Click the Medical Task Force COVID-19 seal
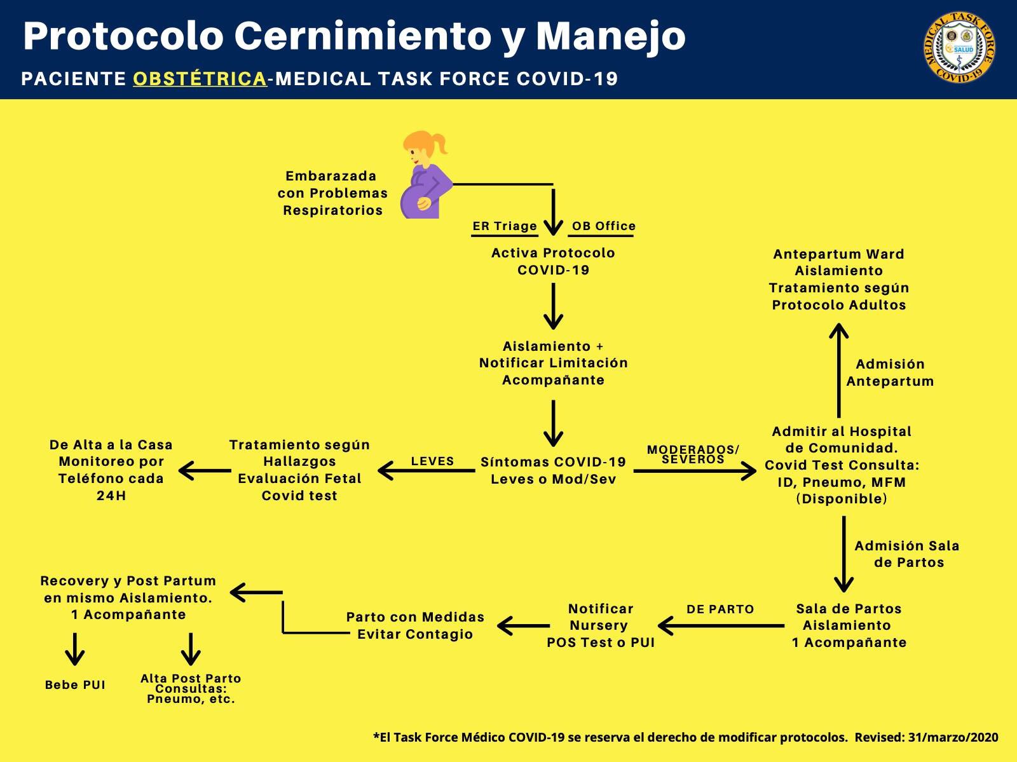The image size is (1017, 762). point(959,48)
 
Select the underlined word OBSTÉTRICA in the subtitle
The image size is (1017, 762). point(200,79)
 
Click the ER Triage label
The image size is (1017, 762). point(505,226)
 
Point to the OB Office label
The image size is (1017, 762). point(603,226)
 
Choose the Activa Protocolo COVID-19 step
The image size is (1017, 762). point(553,261)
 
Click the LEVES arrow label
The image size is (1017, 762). point(432,461)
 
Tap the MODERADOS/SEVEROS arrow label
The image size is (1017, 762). point(693,454)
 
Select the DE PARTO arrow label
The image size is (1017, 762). point(720,609)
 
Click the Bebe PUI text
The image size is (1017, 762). point(75,685)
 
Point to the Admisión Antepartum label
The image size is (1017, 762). point(890,372)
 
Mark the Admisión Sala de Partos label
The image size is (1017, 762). point(907,554)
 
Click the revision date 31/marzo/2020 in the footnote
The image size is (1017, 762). point(953,738)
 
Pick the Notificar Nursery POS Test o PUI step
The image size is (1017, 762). point(600,625)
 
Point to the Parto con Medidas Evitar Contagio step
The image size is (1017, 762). point(415,625)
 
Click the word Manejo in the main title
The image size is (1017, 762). point(610,36)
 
